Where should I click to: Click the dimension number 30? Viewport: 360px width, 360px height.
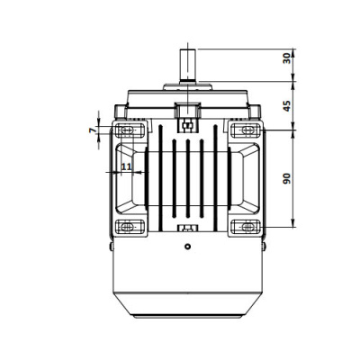(287, 58)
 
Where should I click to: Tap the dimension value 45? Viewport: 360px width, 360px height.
(287, 106)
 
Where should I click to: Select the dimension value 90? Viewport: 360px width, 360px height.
(287, 178)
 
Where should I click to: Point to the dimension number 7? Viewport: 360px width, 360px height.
(93, 130)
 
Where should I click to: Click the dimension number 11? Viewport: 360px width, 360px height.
(127, 166)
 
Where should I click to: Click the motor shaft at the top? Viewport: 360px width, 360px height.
(187, 65)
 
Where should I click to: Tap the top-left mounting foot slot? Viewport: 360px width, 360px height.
(128, 130)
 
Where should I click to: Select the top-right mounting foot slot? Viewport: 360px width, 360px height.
(247, 130)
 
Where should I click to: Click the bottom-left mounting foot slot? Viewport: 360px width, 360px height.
(128, 227)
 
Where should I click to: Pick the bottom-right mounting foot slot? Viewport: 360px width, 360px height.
(247, 227)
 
